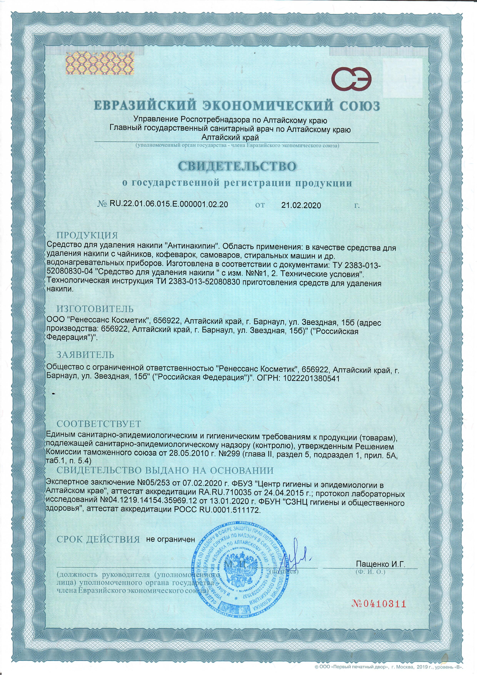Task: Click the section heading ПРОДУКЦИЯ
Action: click(x=87, y=236)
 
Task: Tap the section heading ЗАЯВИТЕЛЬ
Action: click(x=85, y=355)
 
